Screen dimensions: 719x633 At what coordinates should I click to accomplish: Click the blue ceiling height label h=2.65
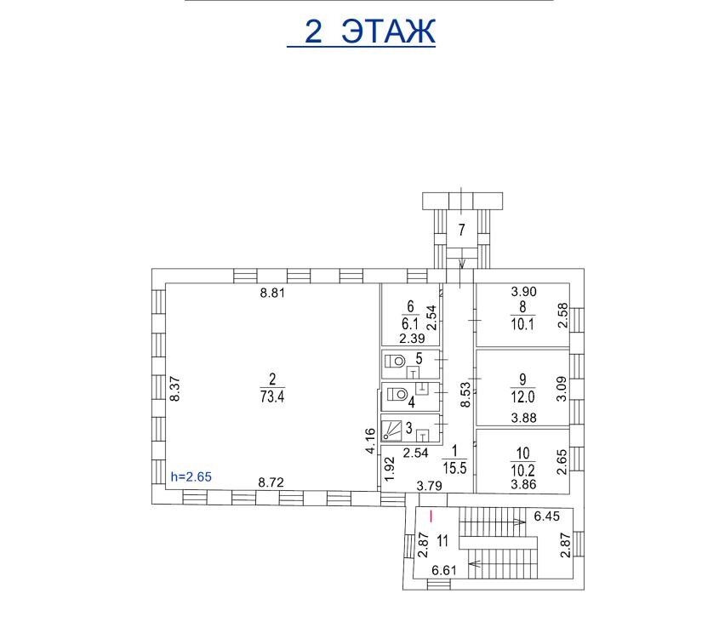tap(191, 476)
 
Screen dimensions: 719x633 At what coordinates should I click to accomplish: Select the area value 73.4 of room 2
tap(272, 396)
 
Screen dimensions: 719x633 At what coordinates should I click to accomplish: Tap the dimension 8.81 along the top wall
tap(272, 293)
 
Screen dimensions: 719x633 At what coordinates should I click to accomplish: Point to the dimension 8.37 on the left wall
tap(174, 389)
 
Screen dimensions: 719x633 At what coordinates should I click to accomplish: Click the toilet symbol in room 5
tap(395, 362)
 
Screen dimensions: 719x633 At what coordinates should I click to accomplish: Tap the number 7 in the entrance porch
tap(462, 229)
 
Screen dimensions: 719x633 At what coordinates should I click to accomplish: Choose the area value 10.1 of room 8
tap(522, 324)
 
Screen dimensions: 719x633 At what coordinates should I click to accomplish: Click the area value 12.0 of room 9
tap(522, 396)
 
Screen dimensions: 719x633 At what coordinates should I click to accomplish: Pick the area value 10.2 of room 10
tap(522, 470)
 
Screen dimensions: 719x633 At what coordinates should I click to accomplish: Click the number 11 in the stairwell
tap(442, 541)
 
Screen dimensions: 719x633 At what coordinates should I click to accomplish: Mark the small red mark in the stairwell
tap(431, 516)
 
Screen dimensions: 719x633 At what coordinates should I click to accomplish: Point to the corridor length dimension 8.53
tap(466, 395)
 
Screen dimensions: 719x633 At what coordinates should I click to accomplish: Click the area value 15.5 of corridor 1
tap(454, 468)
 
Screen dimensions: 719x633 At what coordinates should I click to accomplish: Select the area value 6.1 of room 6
tap(410, 324)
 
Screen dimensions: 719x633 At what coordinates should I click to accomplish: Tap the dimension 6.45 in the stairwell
tap(546, 516)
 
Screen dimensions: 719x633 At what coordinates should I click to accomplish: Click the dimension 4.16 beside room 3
tap(370, 441)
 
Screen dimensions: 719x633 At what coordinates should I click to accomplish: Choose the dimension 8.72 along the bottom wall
tap(271, 482)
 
